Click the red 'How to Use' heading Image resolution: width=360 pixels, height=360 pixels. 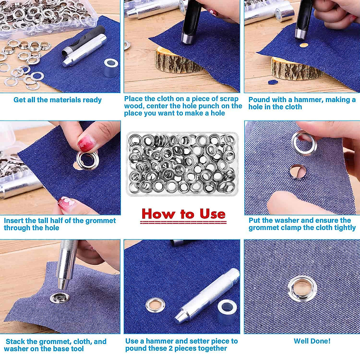[183, 214]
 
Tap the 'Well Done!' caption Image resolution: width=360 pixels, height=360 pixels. [312, 341]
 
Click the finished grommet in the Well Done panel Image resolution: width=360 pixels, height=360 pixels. [302, 289]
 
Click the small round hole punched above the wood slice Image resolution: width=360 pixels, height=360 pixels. [304, 45]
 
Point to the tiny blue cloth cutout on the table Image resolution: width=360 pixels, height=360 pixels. [272, 82]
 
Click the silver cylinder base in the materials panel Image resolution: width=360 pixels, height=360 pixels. [111, 67]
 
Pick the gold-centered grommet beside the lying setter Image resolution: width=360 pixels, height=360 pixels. [155, 305]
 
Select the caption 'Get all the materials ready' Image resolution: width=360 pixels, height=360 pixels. [58, 100]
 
